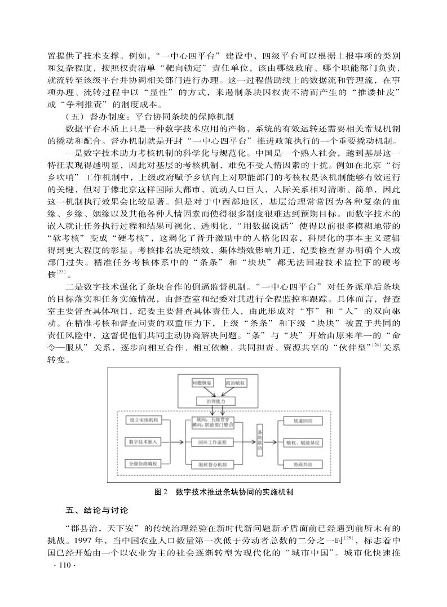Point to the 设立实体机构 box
click(x=143, y=420)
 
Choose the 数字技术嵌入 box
click(x=143, y=442)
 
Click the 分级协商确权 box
click(x=143, y=464)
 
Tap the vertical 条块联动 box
click(x=260, y=442)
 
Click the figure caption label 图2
click(x=161, y=492)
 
